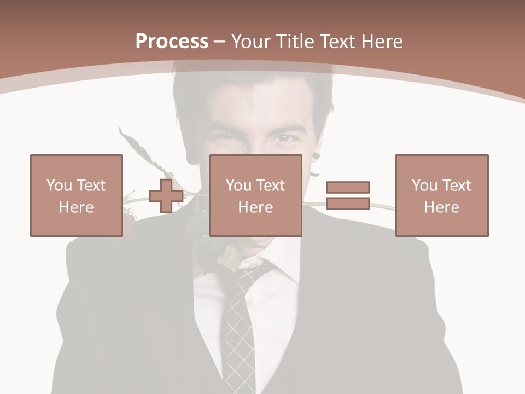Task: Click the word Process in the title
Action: [x=172, y=42]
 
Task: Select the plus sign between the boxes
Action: [x=166, y=195]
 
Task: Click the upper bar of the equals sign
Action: [x=348, y=187]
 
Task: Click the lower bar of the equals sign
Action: [x=348, y=203]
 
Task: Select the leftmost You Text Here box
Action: [x=77, y=195]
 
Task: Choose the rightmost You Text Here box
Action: [x=442, y=195]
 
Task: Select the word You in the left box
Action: [x=59, y=186]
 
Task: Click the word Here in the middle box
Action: [x=255, y=207]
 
